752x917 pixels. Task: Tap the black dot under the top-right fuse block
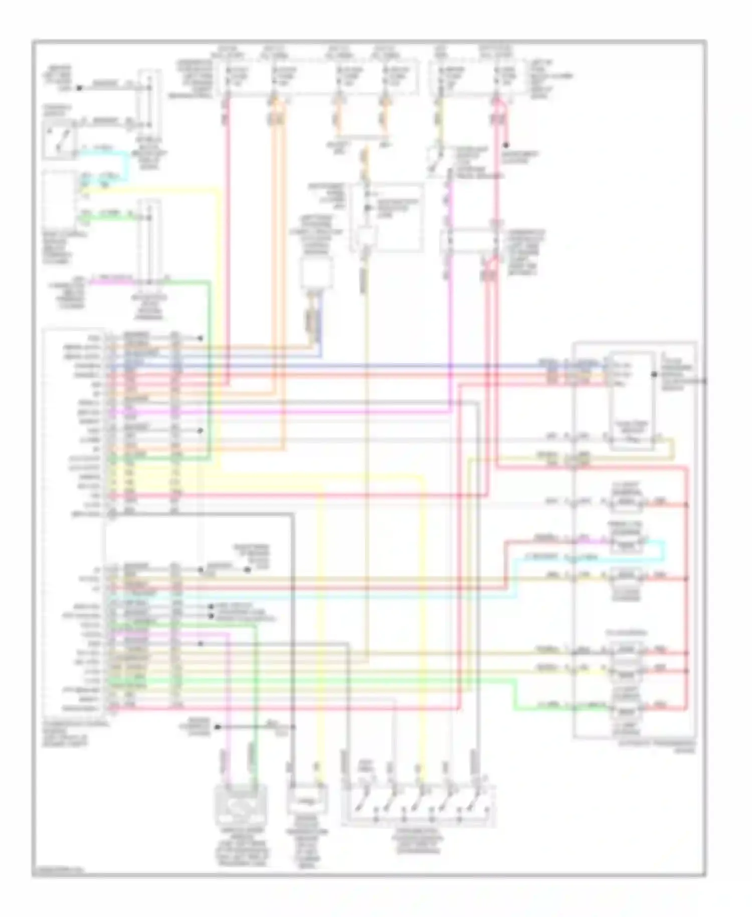tap(506, 145)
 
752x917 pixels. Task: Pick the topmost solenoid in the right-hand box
tap(627, 503)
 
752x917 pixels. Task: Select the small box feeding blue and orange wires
tap(316, 274)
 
